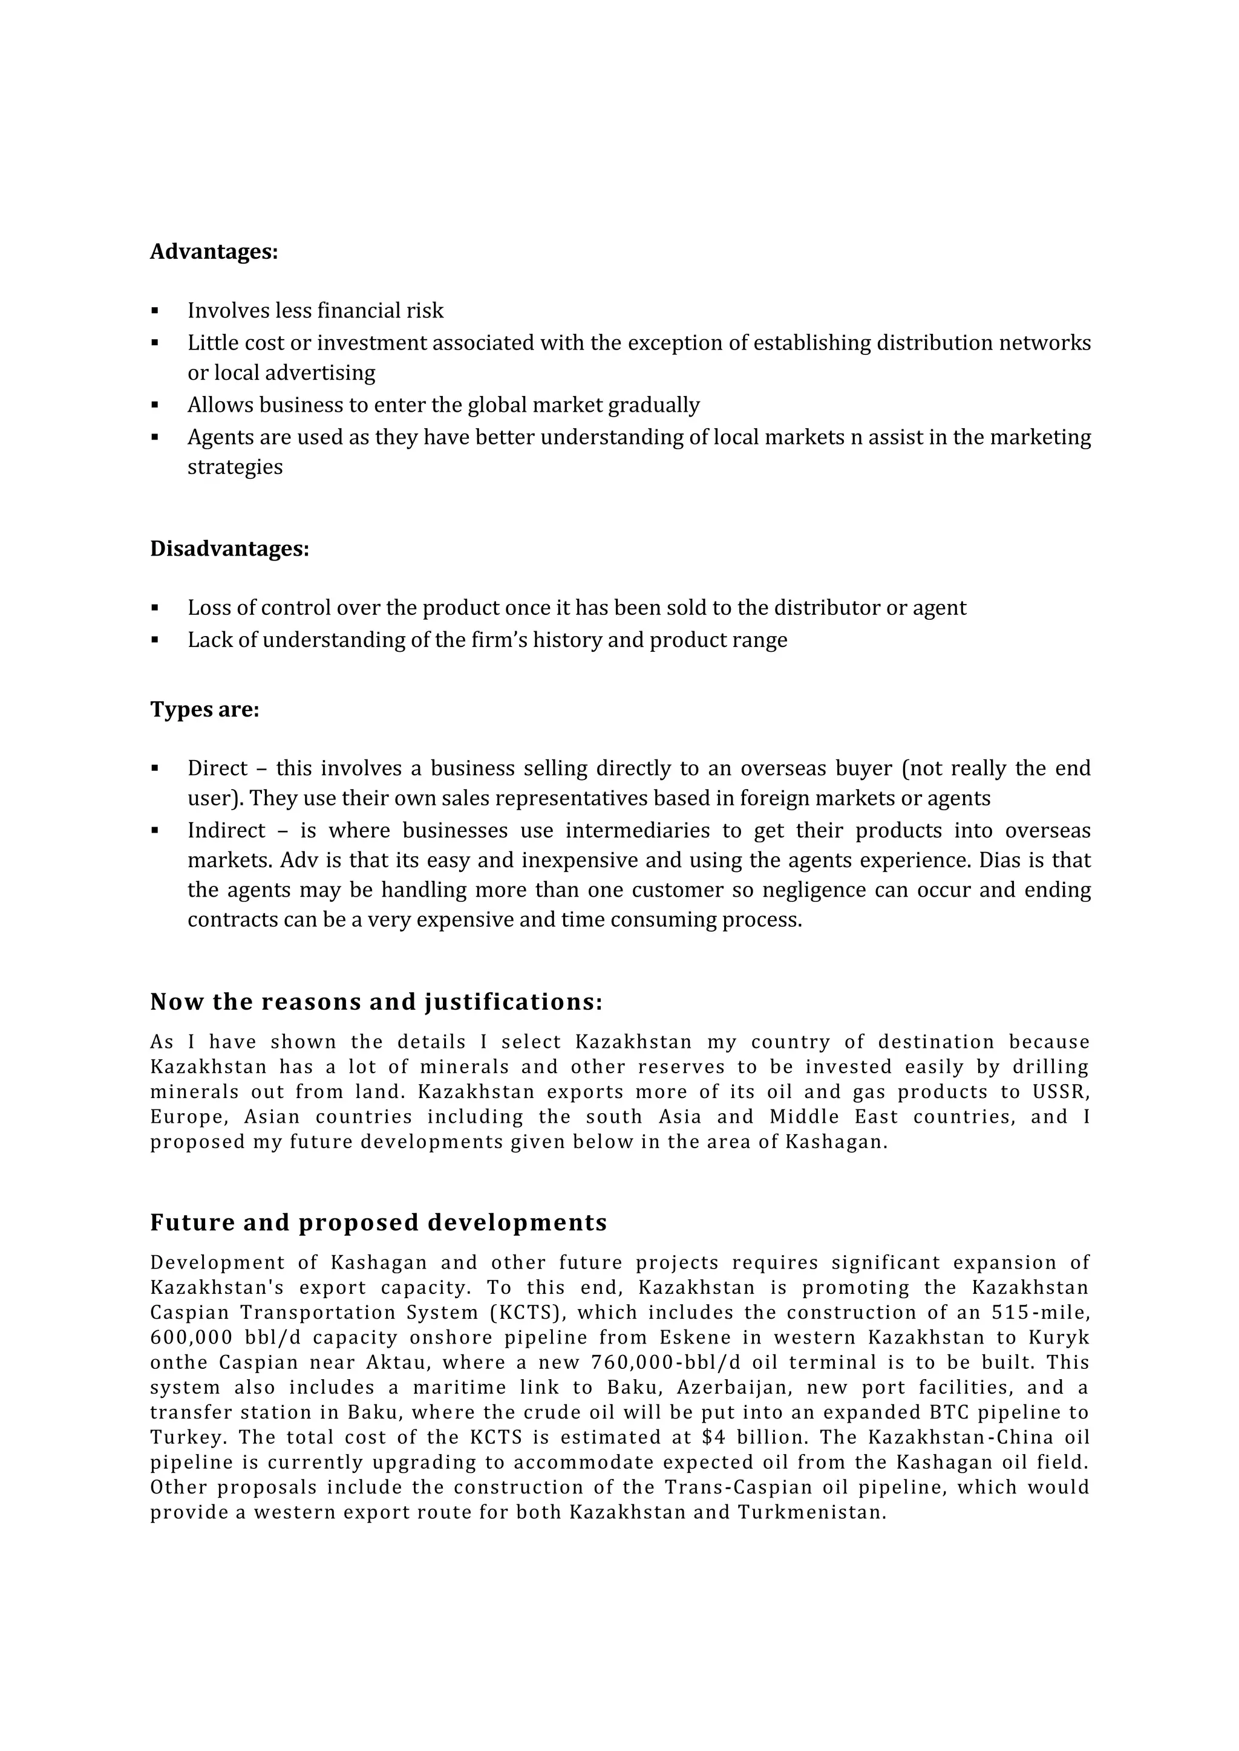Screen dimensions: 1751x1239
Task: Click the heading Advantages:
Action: tap(214, 252)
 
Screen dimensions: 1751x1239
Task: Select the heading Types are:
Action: tap(204, 710)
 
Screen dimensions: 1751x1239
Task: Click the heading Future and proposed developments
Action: tap(378, 1223)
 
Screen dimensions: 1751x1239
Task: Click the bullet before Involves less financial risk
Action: tap(155, 311)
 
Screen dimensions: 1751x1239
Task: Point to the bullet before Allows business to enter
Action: tap(155, 405)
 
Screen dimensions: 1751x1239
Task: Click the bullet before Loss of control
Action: tap(155, 609)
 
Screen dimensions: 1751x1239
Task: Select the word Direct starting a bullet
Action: tap(217, 768)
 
